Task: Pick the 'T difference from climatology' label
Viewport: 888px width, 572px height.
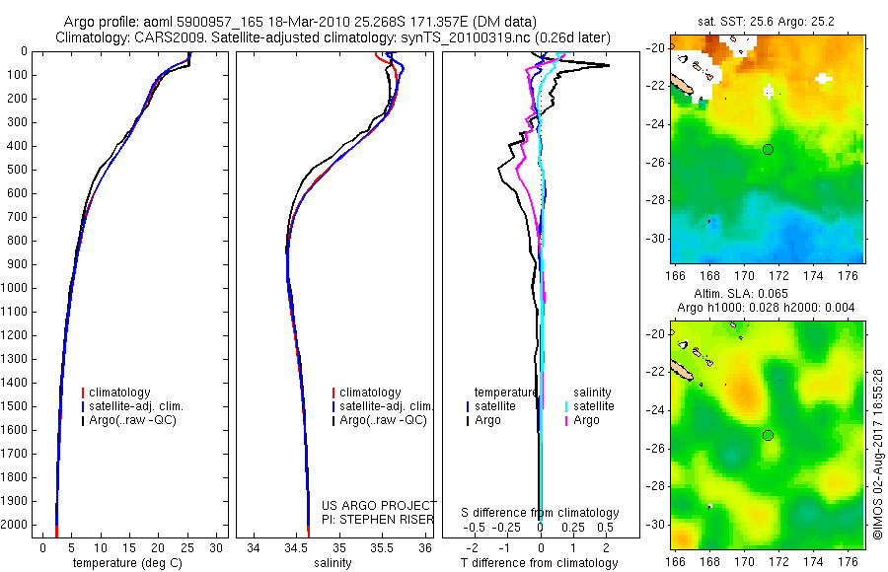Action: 541,563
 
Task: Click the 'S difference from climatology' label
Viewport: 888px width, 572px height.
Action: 541,513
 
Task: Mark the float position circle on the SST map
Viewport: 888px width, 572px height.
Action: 768,149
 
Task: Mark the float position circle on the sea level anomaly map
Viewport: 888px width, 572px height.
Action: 768,435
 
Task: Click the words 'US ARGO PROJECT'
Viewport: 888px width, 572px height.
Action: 378,505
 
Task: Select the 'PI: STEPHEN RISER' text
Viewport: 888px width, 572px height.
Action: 378,519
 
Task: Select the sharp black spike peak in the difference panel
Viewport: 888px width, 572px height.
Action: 606,66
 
